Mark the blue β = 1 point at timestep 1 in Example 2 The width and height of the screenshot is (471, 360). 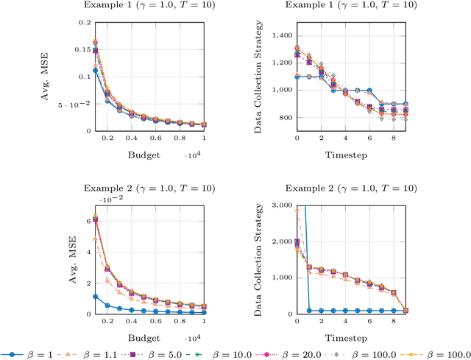pos(309,311)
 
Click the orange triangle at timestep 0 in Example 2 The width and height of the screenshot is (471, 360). pos(297,211)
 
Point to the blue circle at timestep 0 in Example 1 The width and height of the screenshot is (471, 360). pos(297,76)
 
